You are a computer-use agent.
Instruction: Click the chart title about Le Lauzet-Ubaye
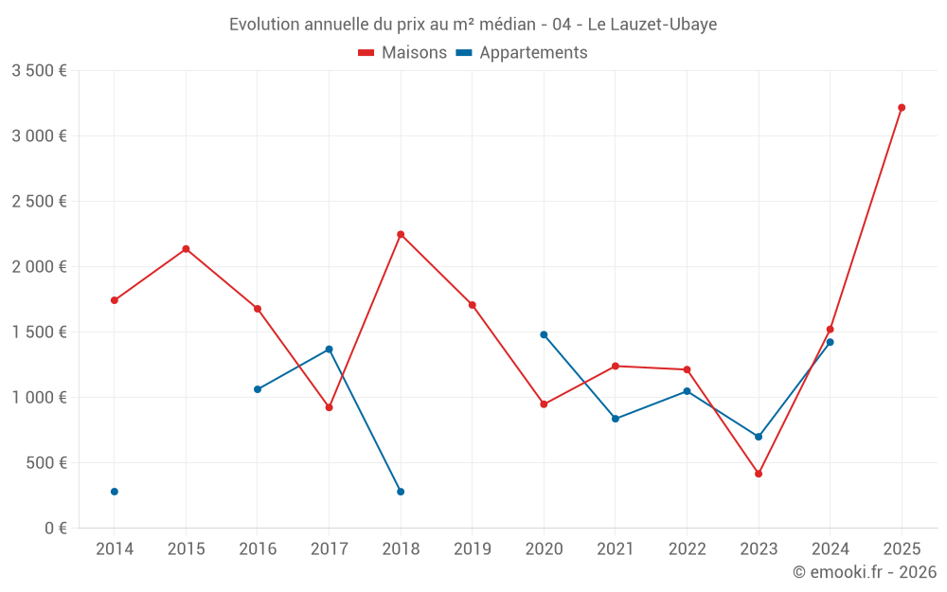click(473, 24)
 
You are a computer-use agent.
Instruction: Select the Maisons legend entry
click(402, 52)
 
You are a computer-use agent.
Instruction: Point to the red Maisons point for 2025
click(902, 108)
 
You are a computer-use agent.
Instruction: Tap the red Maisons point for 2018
click(401, 234)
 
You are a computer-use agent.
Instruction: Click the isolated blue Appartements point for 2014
click(115, 492)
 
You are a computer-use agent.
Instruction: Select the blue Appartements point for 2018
click(401, 492)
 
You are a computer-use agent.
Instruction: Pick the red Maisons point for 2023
click(759, 474)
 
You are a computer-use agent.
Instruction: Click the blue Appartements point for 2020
click(544, 334)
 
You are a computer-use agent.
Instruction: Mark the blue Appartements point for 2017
click(330, 350)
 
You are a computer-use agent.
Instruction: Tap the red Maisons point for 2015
click(186, 249)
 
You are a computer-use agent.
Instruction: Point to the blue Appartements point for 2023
click(759, 437)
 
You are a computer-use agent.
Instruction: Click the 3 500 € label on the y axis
click(39, 71)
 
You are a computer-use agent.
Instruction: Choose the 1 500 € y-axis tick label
click(39, 332)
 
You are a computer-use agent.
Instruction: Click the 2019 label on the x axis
click(473, 548)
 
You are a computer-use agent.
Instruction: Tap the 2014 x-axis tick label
click(115, 548)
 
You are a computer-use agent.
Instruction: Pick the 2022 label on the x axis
click(687, 548)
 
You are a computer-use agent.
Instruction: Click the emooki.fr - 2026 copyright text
click(864, 572)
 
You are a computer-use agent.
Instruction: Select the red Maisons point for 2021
click(616, 366)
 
